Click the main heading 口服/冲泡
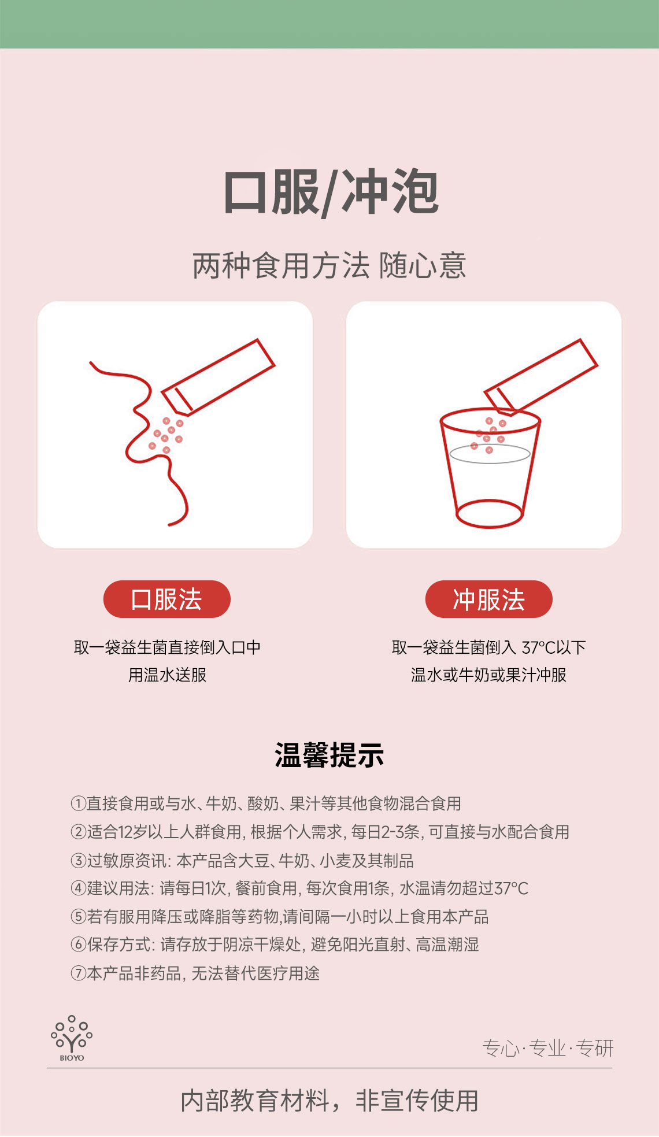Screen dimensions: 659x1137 tap(330, 192)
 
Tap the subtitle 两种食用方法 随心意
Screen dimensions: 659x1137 tap(329, 265)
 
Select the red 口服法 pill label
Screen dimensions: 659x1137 tap(166, 599)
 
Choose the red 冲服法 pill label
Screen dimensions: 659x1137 tap(489, 599)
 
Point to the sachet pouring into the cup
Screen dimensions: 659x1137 tap(540, 377)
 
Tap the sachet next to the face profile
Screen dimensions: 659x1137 tap(218, 377)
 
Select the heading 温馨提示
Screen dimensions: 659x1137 tap(329, 755)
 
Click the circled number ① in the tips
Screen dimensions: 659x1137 tap(78, 803)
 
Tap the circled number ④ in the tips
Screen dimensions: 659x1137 tap(78, 888)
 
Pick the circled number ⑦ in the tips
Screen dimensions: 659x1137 tap(78, 973)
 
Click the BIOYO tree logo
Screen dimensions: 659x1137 tap(72, 1038)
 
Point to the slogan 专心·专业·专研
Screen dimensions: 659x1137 tap(547, 1048)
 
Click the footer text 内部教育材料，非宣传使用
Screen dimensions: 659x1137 tap(329, 1101)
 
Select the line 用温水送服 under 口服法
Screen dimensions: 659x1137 tap(167, 675)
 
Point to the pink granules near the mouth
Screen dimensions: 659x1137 tap(166, 434)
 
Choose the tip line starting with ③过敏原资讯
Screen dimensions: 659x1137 tap(242, 861)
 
